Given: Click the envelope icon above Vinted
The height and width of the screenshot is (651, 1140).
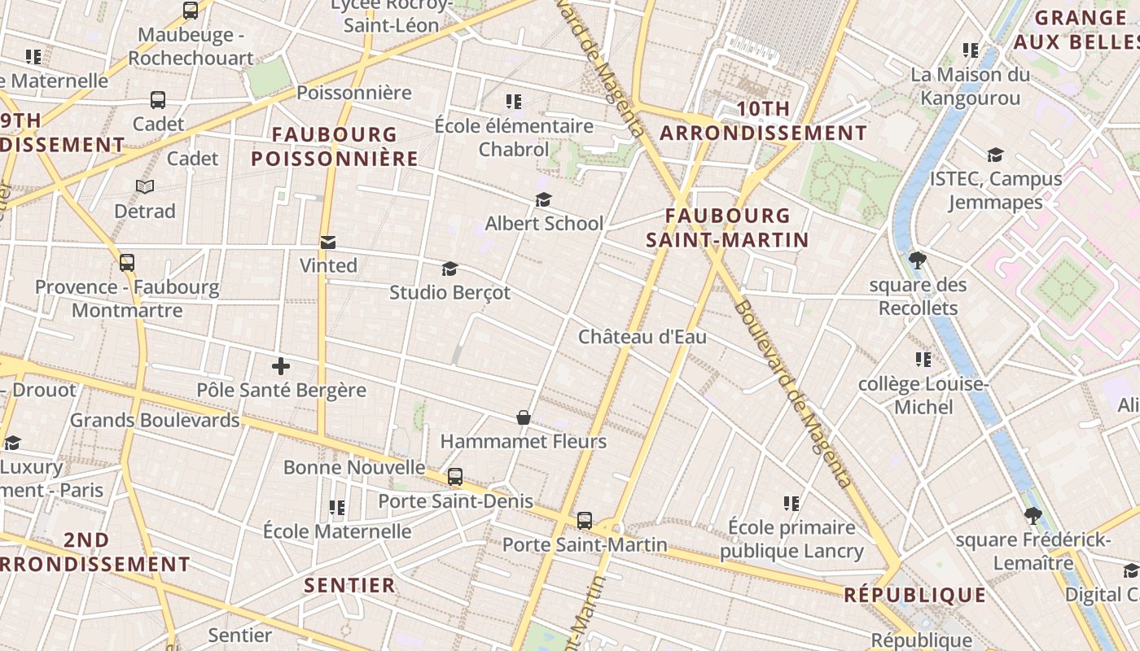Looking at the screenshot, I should pos(328,242).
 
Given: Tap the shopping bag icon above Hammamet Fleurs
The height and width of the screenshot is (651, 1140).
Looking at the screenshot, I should pos(524,418).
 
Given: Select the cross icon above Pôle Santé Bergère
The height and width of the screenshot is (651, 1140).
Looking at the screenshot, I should pos(281,366).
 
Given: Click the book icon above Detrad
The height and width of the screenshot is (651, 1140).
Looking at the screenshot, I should pos(145,187).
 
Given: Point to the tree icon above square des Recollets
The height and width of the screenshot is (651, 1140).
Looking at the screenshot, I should pos(918,260).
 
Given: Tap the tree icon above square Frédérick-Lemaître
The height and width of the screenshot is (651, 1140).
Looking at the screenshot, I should pos(1033,515).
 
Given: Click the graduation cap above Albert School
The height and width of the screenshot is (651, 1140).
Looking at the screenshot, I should pos(543,199).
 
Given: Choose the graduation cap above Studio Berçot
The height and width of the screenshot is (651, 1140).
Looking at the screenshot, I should pos(449,269).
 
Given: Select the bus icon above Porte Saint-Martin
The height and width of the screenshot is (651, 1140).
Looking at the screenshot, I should pos(585,521).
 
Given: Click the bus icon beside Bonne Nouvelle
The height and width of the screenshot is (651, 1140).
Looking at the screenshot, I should pos(455,477).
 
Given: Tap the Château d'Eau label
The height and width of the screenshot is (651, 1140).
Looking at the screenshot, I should pos(642,337).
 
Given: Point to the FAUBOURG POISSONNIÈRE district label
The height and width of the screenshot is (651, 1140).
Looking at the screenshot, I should pos(335,146).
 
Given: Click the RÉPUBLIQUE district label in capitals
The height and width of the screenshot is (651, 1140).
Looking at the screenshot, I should pos(915,595).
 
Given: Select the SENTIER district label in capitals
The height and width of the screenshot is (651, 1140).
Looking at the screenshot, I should pos(349,585).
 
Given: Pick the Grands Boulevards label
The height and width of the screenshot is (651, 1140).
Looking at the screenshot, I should pos(155,420).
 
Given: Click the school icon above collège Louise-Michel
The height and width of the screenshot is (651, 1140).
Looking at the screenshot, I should pos(923,359).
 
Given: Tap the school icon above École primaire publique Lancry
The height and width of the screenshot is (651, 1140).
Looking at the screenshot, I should pos(791,504).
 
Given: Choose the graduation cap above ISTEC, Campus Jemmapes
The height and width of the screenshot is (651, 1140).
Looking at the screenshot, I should pos(995,155).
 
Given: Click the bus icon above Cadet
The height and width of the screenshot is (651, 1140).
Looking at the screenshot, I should pos(158,100).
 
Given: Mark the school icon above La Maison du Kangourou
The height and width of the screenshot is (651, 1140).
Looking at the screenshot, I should pos(970,50).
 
